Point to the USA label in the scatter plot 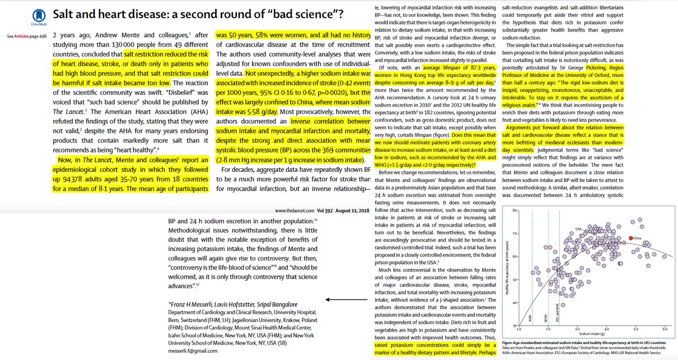coord(579,228)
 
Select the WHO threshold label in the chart coord(546,315)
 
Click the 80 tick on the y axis coord(515,210)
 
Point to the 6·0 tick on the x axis coord(665,329)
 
